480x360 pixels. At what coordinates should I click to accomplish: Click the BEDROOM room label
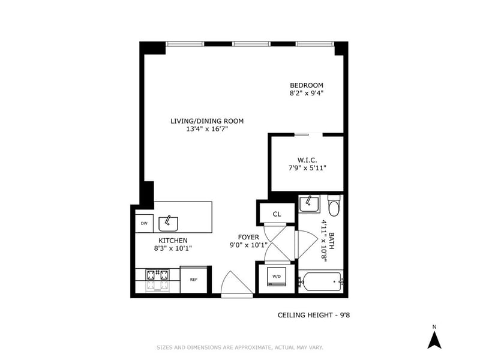(307, 85)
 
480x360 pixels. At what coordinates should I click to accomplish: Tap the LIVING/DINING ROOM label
(207, 121)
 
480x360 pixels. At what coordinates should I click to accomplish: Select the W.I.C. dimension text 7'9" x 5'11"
(307, 168)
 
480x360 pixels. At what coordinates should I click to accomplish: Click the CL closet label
(277, 214)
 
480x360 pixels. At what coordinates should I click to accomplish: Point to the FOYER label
(248, 237)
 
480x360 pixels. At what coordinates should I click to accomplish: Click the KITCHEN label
(173, 241)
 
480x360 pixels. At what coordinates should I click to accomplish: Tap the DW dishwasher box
(144, 223)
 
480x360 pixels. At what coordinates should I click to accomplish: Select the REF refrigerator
(194, 280)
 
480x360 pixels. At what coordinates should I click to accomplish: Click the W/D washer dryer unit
(277, 277)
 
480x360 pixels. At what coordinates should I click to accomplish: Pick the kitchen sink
(168, 224)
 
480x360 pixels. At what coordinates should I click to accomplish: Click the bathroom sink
(310, 204)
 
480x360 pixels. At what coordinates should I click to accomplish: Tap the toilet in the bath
(334, 206)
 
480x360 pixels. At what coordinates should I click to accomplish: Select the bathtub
(321, 281)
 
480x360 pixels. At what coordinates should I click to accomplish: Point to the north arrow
(434, 340)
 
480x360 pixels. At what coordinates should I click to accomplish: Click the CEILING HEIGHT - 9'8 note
(314, 315)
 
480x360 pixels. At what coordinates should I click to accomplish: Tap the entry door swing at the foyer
(237, 283)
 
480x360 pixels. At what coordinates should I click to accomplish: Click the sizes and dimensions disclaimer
(240, 347)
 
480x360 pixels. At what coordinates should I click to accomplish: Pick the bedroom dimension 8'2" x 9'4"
(307, 93)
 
